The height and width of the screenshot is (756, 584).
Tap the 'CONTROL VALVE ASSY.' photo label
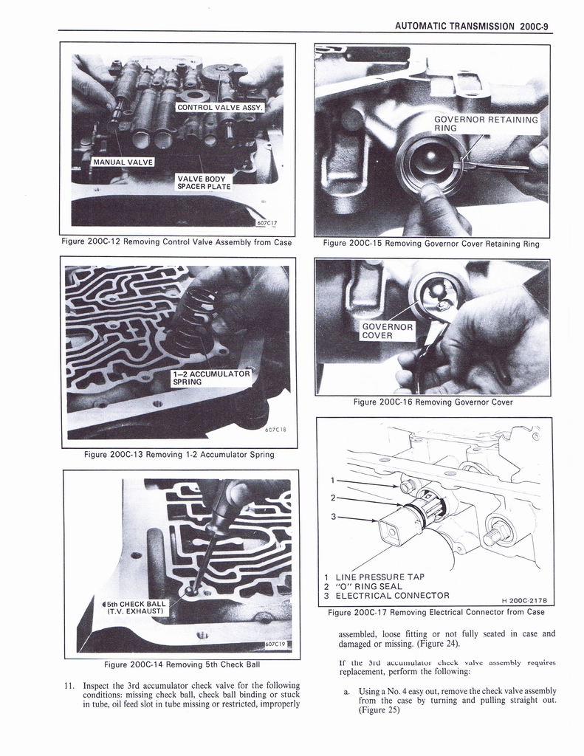pyautogui.click(x=214, y=108)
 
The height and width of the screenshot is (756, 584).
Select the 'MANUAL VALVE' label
pyautogui.click(x=123, y=162)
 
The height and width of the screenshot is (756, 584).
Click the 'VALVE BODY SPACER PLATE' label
pyautogui.click(x=204, y=182)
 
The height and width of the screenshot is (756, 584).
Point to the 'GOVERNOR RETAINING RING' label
pyautogui.click(x=486, y=123)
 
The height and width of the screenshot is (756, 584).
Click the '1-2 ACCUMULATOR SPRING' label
pyautogui.click(x=210, y=378)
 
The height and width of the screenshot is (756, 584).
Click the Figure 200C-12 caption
pyautogui.click(x=177, y=242)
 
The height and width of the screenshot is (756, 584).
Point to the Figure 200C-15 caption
pyautogui.click(x=431, y=244)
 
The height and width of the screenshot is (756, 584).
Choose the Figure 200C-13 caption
pyautogui.click(x=179, y=454)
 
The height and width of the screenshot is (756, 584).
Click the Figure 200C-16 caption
pyautogui.click(x=433, y=402)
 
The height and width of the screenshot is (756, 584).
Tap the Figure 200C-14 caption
pyautogui.click(x=182, y=664)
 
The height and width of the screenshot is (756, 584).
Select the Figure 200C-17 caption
pyautogui.click(x=436, y=611)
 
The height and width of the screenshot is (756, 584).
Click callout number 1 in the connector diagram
pyautogui.click(x=334, y=481)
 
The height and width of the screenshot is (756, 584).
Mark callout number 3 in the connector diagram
pyautogui.click(x=334, y=517)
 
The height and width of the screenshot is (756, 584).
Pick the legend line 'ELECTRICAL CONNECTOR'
pyautogui.click(x=392, y=596)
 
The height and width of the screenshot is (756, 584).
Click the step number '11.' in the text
pyautogui.click(x=70, y=684)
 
